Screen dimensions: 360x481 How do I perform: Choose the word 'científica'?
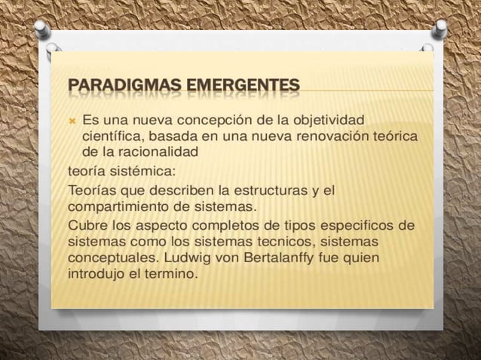pyautogui.click(x=112, y=136)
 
